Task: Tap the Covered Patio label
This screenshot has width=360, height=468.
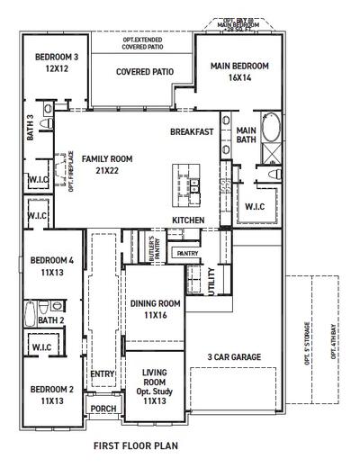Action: click(x=144, y=71)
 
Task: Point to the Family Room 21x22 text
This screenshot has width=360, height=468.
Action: click(x=107, y=164)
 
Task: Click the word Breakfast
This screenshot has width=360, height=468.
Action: click(x=192, y=132)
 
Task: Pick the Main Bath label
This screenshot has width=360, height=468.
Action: click(x=246, y=134)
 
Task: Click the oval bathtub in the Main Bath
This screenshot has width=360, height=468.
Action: click(x=270, y=130)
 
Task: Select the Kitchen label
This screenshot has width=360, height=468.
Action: click(x=188, y=220)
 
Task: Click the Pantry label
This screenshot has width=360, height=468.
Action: click(x=188, y=254)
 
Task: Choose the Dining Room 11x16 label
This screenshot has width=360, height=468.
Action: click(x=156, y=310)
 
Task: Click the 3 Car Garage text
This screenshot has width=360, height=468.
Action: click(x=235, y=357)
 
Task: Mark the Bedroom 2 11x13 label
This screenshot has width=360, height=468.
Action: click(x=50, y=394)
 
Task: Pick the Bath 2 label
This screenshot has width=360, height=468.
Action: click(x=50, y=320)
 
